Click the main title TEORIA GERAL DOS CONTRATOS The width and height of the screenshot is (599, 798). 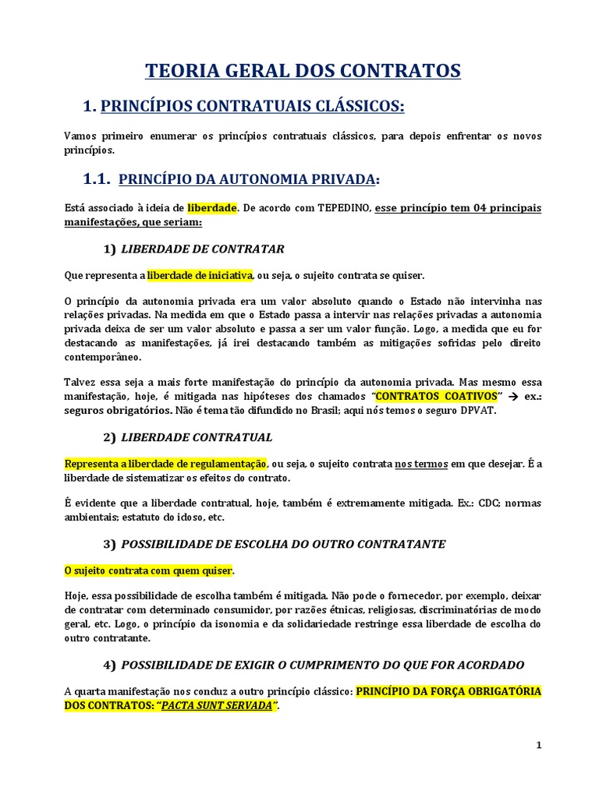303,72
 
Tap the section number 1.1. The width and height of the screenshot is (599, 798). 97,180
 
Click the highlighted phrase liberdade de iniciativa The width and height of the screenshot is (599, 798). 200,275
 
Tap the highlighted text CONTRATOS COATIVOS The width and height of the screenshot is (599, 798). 436,396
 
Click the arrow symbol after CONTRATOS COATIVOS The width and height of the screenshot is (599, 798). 512,396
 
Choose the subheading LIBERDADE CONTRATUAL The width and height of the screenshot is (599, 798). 197,436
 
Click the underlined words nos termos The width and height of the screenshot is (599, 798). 421,463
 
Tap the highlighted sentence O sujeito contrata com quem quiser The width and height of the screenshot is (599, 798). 148,570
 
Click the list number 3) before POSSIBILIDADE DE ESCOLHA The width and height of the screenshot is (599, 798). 108,544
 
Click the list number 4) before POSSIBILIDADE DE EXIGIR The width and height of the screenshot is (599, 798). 108,665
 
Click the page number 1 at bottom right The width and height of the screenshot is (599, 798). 538,745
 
